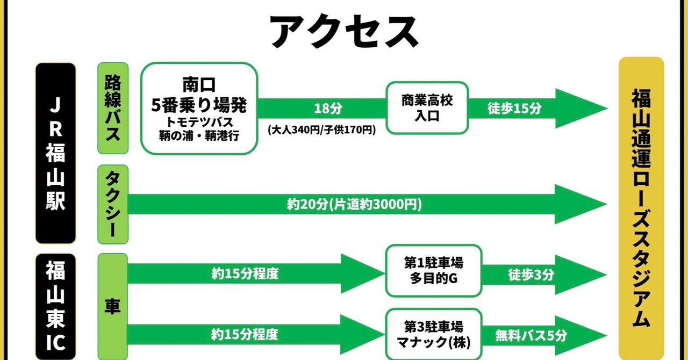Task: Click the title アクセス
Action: [x=344, y=32]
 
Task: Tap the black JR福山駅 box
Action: [x=55, y=153]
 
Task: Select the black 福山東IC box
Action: [x=55, y=307]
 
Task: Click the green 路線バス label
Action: [x=113, y=108]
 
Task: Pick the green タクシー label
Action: [x=113, y=204]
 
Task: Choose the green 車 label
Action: [x=112, y=307]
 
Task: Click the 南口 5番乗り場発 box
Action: [x=199, y=109]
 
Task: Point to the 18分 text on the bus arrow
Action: [x=328, y=109]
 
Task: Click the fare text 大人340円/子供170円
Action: [x=321, y=130]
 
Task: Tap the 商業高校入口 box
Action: [x=427, y=108]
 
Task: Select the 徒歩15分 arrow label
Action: [x=514, y=109]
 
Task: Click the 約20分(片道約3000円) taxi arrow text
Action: [x=354, y=204]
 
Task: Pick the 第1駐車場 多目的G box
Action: [x=434, y=271]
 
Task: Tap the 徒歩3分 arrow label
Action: [x=531, y=275]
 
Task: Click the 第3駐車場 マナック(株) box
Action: [x=434, y=335]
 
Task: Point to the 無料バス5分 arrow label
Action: [x=531, y=335]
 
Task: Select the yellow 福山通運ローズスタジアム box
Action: [x=641, y=208]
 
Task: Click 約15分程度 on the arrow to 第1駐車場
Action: [x=245, y=273]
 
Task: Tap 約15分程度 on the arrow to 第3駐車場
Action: [x=245, y=334]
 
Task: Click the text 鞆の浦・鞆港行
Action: [x=199, y=135]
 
